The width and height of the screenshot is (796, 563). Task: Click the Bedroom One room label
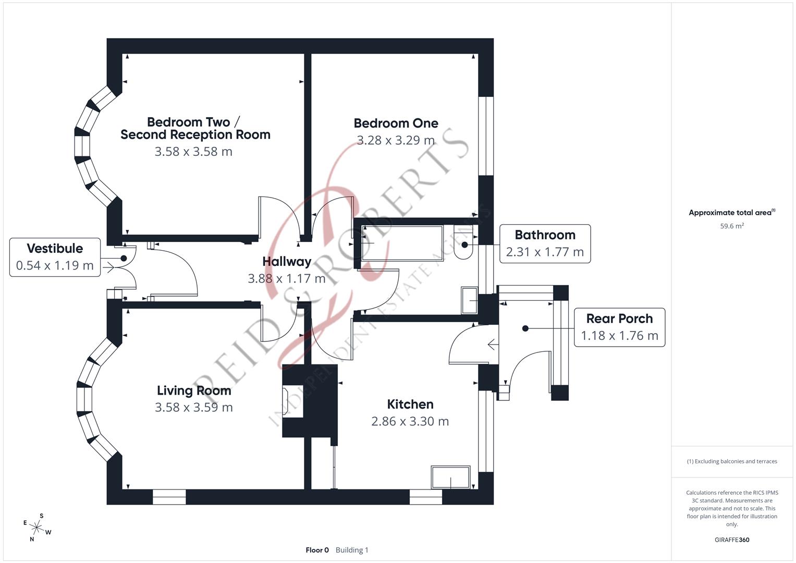point(396,124)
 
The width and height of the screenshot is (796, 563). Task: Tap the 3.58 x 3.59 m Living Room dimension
point(193,408)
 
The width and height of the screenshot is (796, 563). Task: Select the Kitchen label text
point(410,405)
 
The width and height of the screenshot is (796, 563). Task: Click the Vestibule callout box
point(55,257)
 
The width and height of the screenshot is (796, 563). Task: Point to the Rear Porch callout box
point(619,327)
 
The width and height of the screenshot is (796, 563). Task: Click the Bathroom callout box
point(545,243)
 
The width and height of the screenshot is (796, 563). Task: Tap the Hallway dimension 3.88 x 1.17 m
point(286,278)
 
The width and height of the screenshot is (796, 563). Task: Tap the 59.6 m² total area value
point(732,226)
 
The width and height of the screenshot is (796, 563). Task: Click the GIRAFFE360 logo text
point(732,540)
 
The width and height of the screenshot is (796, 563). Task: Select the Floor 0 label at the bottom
point(317,550)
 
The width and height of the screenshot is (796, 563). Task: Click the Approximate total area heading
point(731,213)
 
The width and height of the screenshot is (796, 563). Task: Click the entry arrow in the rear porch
point(492,344)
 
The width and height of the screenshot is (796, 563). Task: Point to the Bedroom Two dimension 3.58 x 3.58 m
point(193,152)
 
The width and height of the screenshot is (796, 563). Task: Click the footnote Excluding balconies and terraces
point(732,461)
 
